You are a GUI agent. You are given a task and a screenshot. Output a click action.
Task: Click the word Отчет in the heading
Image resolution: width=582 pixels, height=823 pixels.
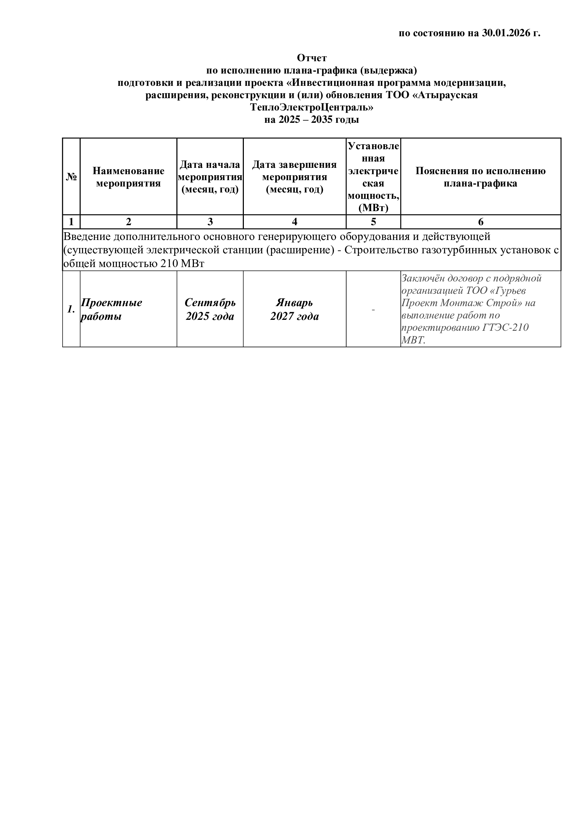point(312,58)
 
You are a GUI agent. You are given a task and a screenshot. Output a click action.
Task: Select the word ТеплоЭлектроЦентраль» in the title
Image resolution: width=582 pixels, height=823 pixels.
point(312,107)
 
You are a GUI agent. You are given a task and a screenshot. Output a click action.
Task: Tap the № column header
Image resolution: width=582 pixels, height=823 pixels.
point(71,177)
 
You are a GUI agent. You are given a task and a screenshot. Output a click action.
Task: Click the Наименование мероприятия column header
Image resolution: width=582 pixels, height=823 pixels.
point(128,177)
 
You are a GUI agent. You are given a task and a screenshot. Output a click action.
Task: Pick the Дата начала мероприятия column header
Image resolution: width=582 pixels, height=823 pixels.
point(210,177)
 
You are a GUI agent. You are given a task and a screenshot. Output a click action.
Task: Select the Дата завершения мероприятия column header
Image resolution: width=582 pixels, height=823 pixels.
point(294,177)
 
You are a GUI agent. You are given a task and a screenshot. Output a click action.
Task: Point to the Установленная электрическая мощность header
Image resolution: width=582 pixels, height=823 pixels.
point(373,177)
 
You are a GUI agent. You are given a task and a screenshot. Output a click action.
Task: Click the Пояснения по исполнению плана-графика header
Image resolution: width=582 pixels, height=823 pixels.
point(480,177)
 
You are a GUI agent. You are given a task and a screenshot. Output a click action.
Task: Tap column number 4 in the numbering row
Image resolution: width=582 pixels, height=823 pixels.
point(294,222)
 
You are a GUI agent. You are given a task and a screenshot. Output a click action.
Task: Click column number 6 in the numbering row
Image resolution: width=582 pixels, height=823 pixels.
point(481,222)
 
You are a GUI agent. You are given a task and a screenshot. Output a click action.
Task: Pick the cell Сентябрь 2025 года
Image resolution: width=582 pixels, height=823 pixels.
point(210,309)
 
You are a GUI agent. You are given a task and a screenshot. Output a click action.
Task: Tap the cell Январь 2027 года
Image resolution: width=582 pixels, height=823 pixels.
point(294,309)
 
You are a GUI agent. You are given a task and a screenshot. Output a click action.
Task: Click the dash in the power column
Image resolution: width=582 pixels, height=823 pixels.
point(373,309)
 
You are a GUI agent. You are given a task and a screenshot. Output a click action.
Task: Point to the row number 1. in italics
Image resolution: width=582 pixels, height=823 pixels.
point(71,309)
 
